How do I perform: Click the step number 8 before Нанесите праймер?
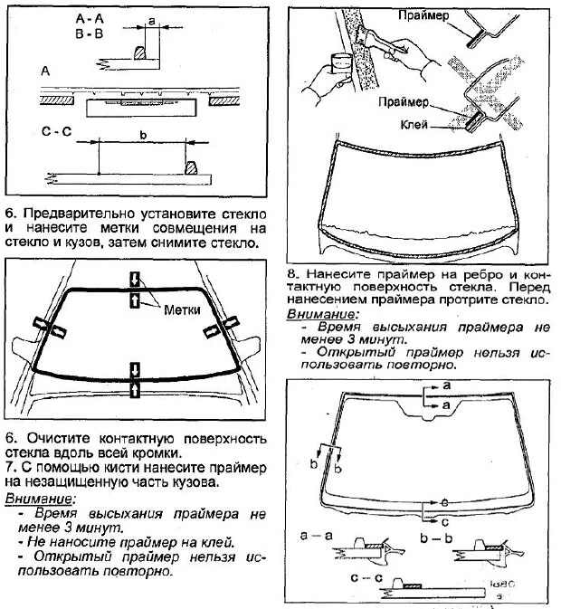point(292,272)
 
